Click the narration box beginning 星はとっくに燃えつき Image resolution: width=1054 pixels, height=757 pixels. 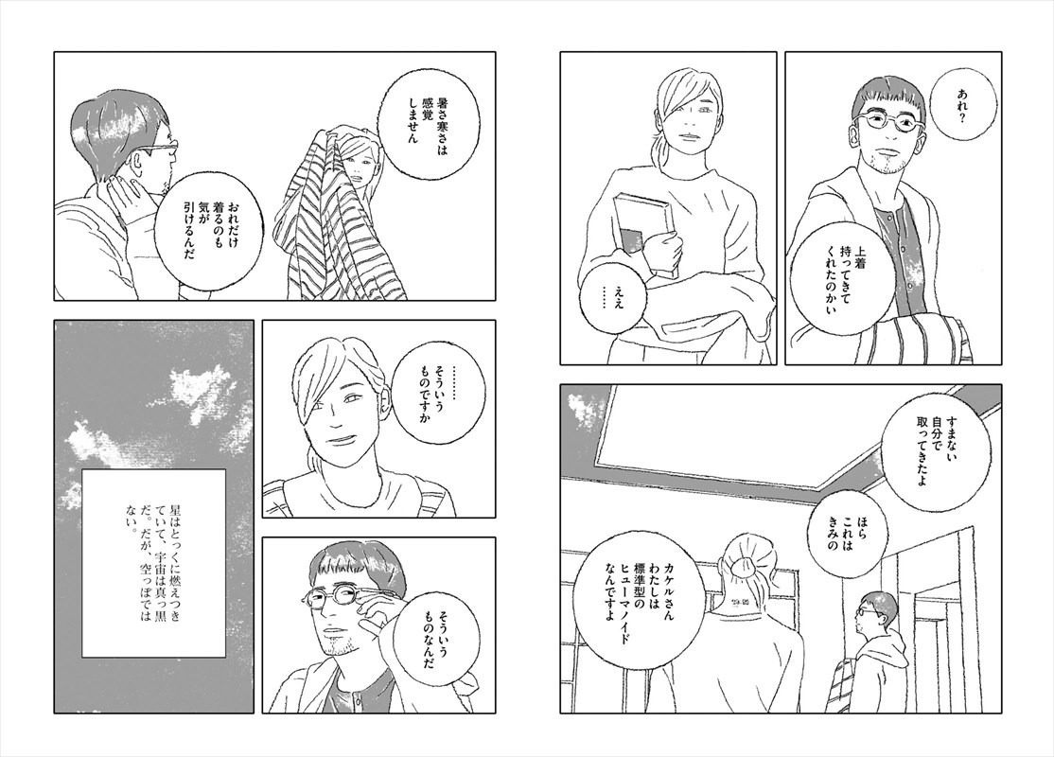[x=154, y=563]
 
